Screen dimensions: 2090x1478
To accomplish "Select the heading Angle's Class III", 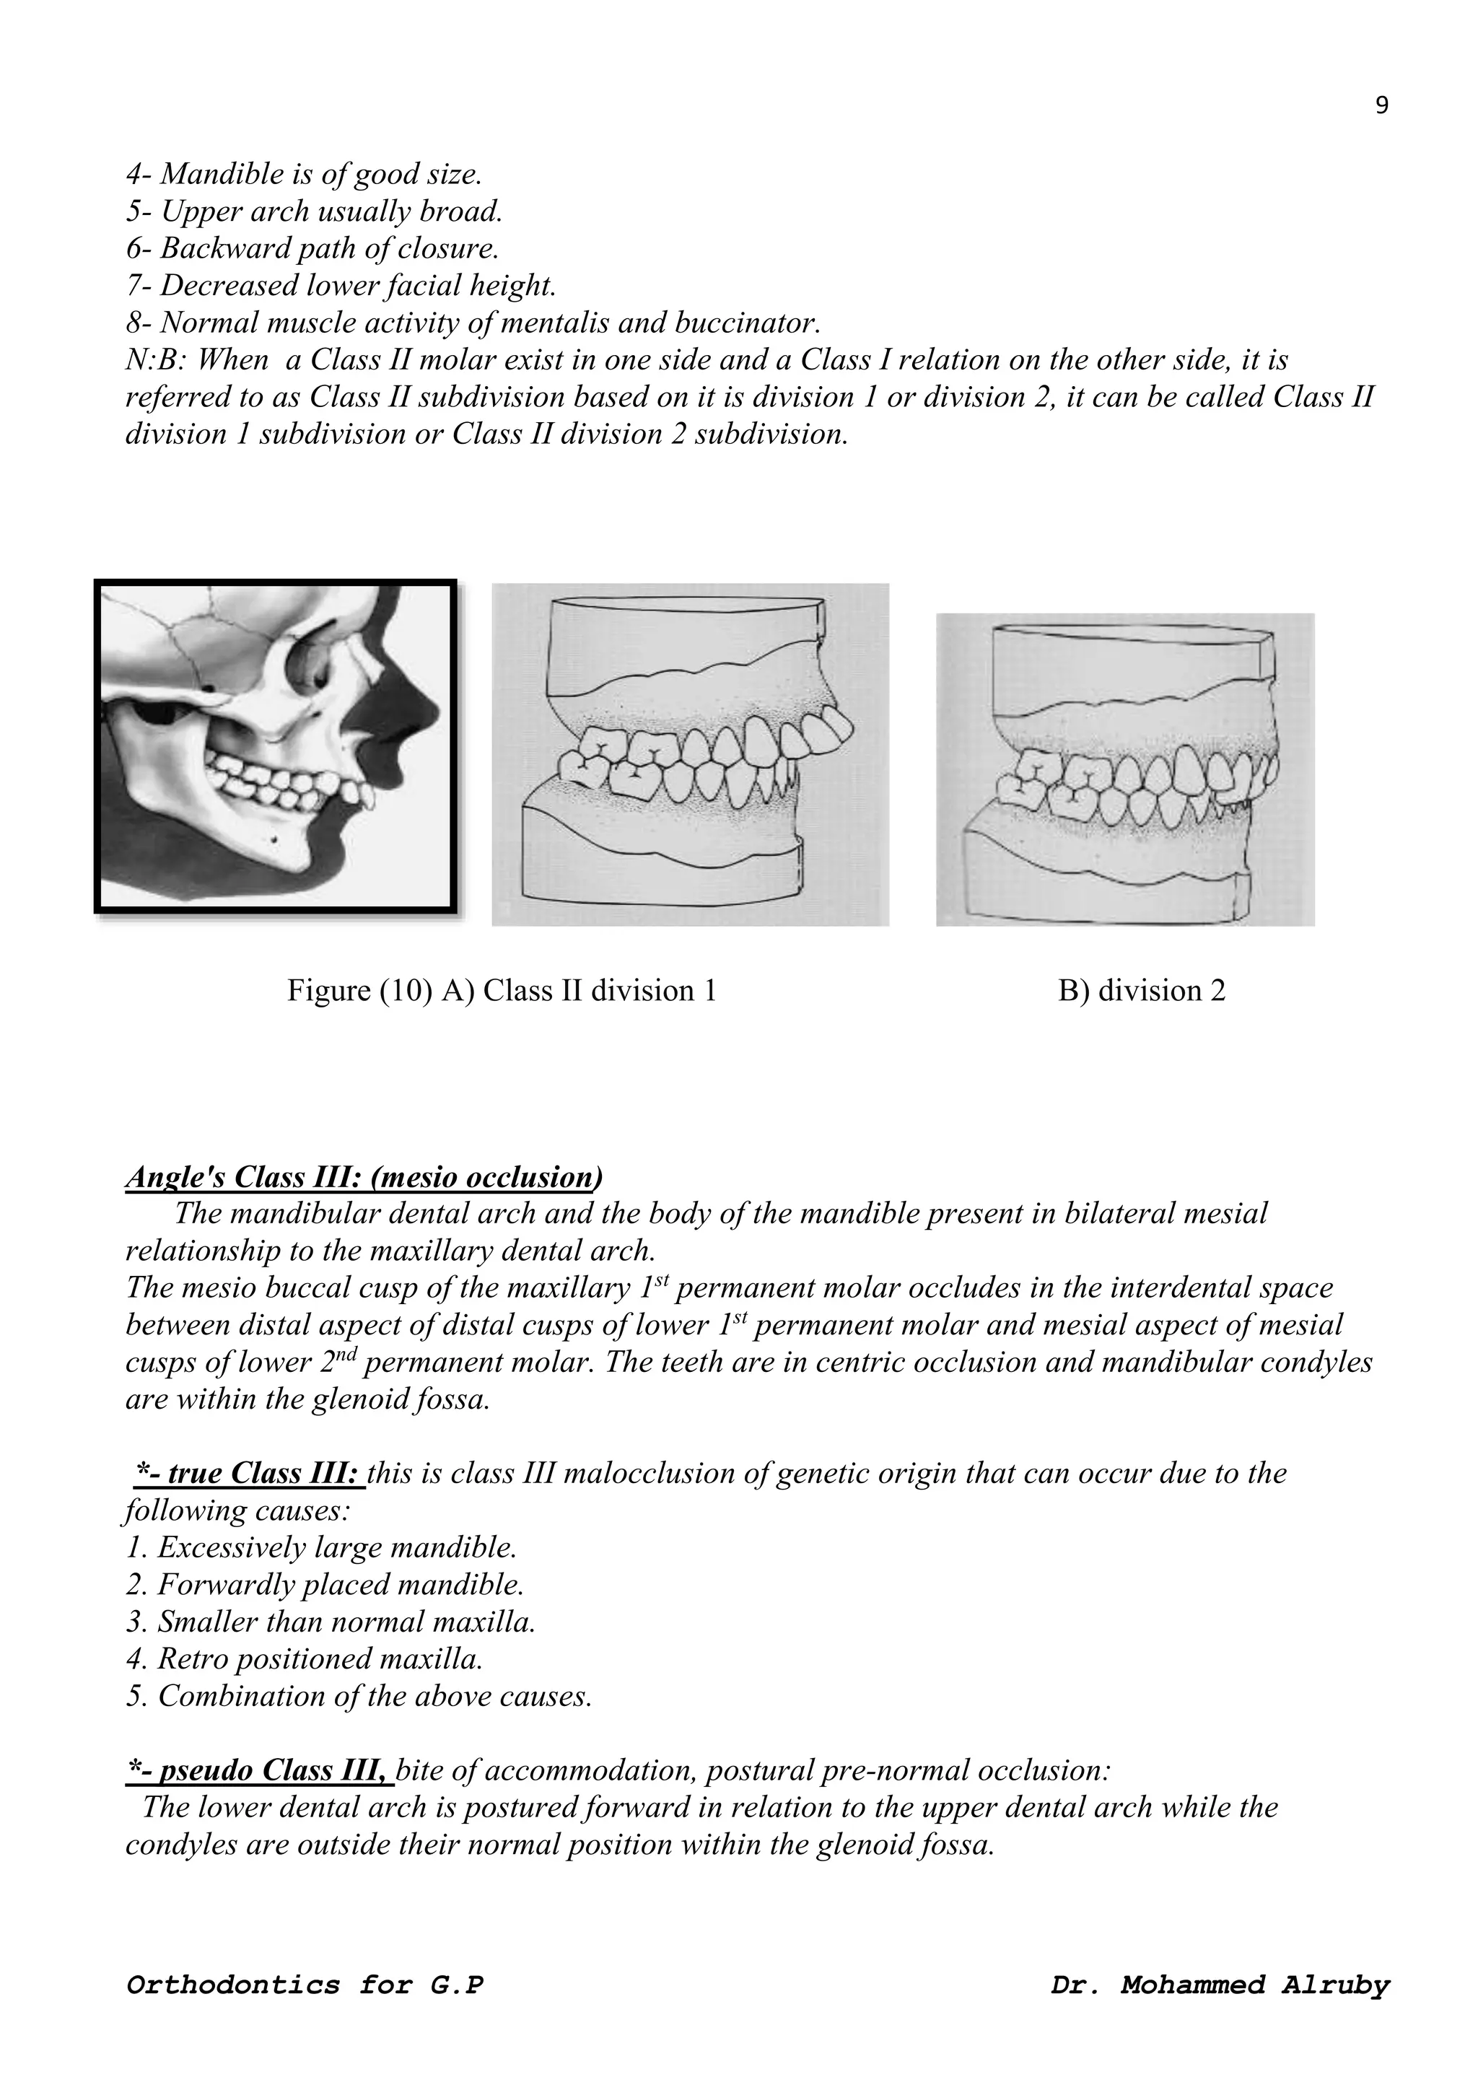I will click(x=362, y=1177).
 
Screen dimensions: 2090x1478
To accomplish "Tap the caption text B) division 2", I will click(x=1141, y=990).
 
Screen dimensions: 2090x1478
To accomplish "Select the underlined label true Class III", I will click(x=250, y=1473).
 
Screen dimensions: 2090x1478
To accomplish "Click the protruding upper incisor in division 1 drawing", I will click(x=832, y=728).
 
